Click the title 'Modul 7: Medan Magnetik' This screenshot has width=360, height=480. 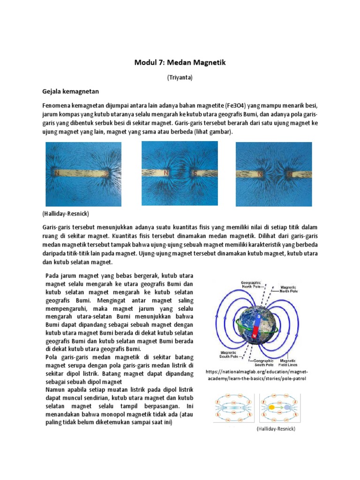[180, 63]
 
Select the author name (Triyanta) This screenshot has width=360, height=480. [180, 78]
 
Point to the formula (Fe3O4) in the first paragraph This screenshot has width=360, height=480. [255, 106]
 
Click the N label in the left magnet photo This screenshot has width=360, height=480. [56, 172]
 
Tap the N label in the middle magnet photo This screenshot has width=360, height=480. [166, 172]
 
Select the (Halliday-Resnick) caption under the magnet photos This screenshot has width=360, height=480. [60, 213]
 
